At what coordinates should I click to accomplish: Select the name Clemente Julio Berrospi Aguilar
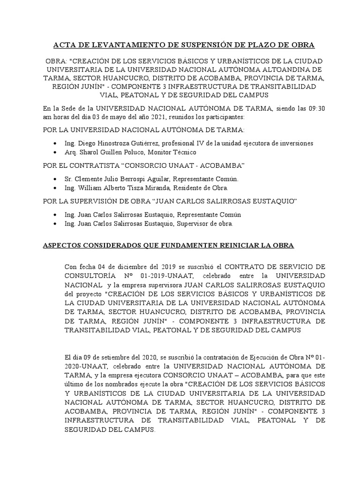(x=123, y=179)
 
